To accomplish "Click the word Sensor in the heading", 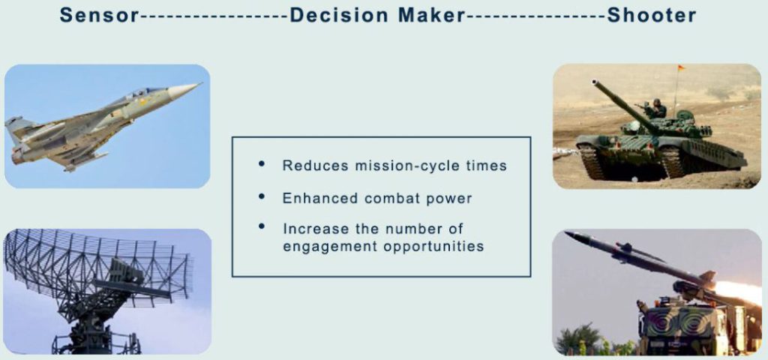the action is pos(100,15).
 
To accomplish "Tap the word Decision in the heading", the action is pos(339,15).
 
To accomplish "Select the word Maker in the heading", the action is pos(431,15).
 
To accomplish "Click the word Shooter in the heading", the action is pos(652,15).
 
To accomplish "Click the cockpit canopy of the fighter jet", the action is pos(142,93).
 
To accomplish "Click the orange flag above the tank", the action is pos(681,68).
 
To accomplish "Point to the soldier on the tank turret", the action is pos(655,108).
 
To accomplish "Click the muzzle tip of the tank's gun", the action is pos(595,82).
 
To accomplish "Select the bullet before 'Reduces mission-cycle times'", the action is pos(262,164).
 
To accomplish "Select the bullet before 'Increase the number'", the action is pos(262,226).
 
